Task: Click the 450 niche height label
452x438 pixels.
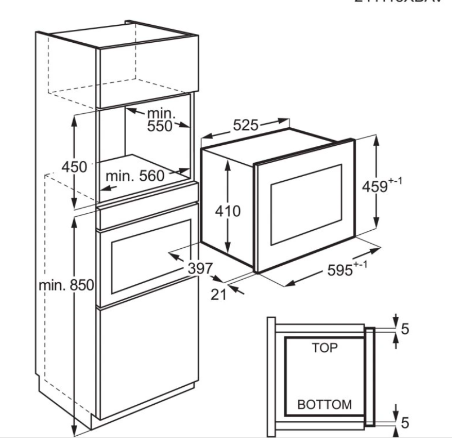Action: [x=74, y=167]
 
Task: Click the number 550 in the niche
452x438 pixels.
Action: [x=160, y=127]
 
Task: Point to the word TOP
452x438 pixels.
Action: [x=325, y=348]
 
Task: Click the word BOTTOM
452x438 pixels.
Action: [x=324, y=404]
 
